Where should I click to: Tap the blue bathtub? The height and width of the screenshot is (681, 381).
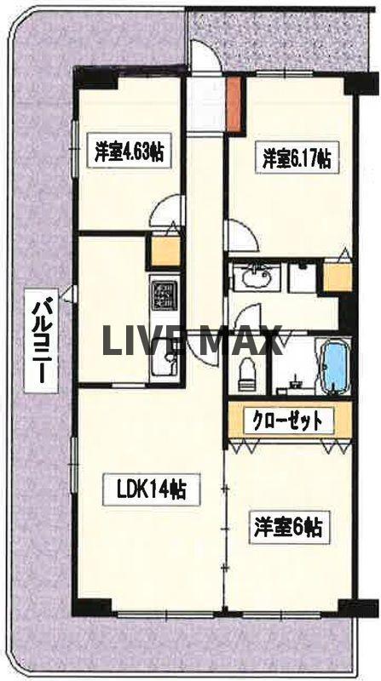coord(333,365)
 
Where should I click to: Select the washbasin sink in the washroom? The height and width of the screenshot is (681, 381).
coord(255,277)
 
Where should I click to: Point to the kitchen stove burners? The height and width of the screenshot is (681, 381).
coord(164,295)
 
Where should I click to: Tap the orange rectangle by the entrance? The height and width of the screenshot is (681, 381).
coord(234,106)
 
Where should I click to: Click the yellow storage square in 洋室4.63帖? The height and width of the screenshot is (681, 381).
coord(165,251)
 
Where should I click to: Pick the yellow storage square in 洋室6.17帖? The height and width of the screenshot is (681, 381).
coord(337,278)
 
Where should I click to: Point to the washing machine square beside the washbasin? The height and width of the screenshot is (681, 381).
coord(300,278)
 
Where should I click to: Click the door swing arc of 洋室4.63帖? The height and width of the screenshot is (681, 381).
coord(169,212)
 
